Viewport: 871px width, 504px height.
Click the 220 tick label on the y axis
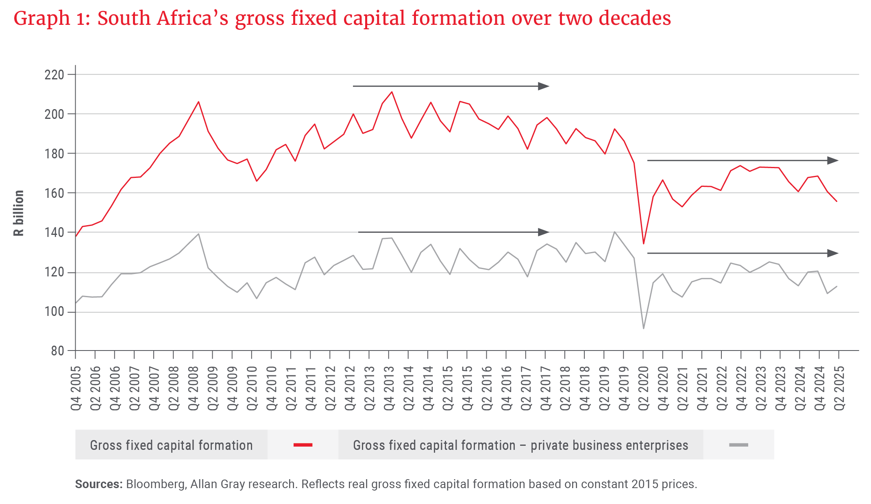[x=54, y=75]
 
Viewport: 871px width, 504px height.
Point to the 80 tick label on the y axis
[x=57, y=351]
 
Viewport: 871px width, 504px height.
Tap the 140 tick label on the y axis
[x=54, y=232]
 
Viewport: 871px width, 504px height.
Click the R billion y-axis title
[x=19, y=213]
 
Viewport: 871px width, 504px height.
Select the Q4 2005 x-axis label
[x=76, y=388]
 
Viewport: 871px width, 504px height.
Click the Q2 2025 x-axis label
[x=839, y=388]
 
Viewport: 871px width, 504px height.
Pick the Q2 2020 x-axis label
[x=643, y=388]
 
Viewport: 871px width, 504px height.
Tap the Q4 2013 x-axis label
[x=389, y=388]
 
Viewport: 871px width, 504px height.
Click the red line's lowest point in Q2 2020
[x=643, y=243]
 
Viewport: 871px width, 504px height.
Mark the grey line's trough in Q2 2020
[x=643, y=328]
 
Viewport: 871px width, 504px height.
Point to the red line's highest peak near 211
[x=392, y=92]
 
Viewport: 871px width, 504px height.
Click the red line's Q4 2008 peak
[x=198, y=102]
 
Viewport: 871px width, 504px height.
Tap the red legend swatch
[x=303, y=445]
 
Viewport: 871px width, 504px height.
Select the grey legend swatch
[x=738, y=445]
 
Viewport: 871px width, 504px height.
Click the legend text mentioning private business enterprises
[x=520, y=445]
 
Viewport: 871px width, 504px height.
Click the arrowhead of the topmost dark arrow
[x=544, y=86]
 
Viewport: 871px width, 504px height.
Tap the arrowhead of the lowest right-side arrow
[x=834, y=253]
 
